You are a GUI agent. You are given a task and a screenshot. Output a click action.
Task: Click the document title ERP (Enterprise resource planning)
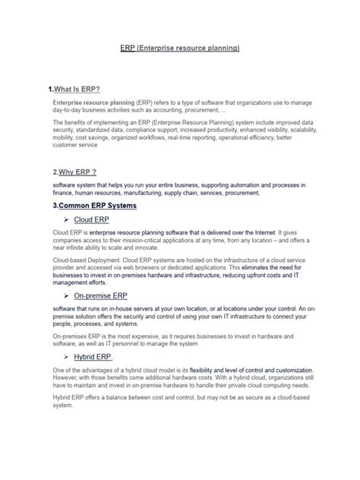180,48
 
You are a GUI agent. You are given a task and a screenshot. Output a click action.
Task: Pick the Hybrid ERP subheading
93,356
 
